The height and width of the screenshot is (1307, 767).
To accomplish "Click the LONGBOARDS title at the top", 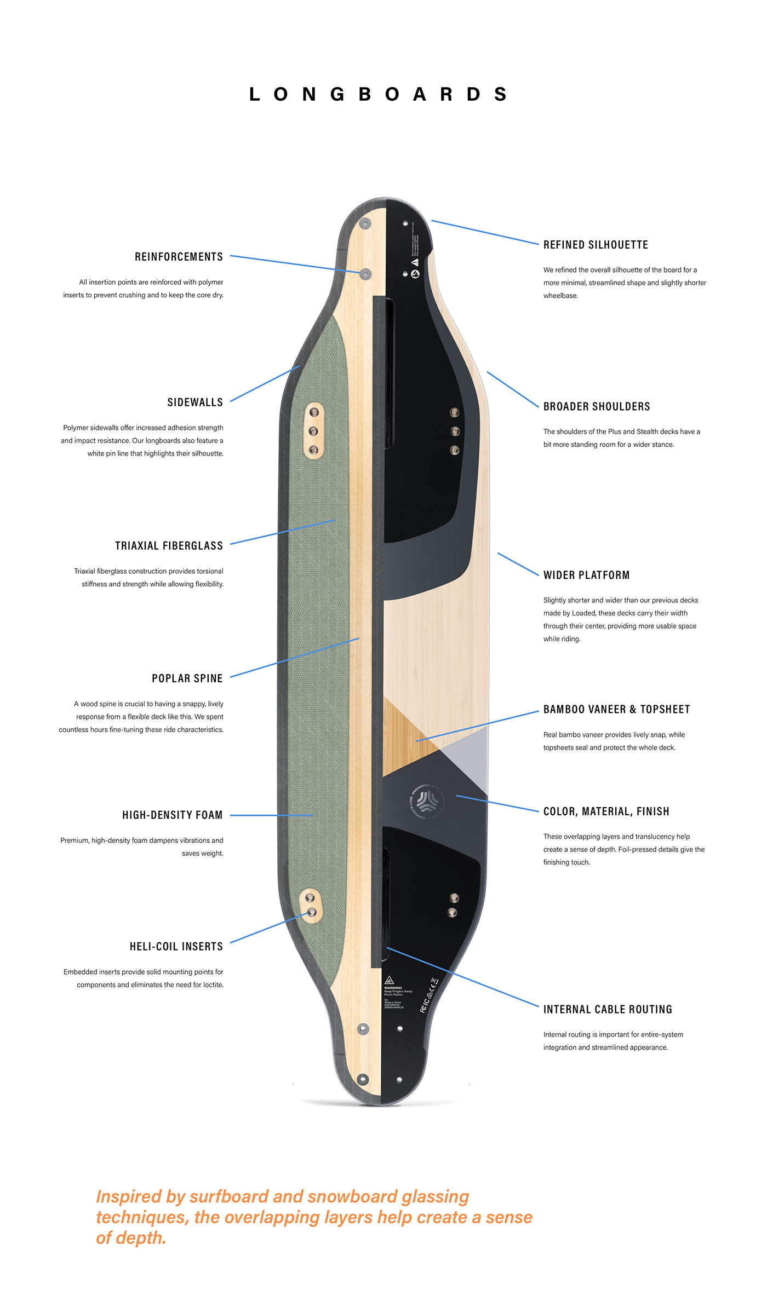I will click(378, 94).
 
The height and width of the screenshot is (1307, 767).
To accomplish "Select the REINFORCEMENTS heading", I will click(179, 257).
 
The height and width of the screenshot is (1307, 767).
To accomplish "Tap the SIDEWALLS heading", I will click(195, 402).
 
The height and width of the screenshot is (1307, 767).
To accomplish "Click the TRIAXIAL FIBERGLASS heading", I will click(169, 546).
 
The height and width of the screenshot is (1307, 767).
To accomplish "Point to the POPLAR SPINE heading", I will click(187, 678).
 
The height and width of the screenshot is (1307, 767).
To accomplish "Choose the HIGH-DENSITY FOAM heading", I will click(172, 815).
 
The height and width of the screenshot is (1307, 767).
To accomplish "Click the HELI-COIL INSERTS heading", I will click(176, 947).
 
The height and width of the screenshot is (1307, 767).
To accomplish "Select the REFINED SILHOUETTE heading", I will click(596, 245).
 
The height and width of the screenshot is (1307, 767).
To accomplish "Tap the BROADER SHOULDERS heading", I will click(597, 406).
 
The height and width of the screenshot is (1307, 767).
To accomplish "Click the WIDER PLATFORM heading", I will click(586, 575).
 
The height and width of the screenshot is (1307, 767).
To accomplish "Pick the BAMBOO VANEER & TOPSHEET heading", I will click(616, 710).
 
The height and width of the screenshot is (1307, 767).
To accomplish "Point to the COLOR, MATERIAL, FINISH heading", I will click(606, 811).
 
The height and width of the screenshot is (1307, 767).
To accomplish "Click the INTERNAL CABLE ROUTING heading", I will click(608, 1010).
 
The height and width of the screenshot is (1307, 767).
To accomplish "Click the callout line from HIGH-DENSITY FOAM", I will click(271, 815).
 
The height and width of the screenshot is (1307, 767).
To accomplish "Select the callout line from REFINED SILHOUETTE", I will click(485, 232).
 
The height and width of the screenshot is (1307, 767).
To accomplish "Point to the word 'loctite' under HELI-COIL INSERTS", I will click(211, 985).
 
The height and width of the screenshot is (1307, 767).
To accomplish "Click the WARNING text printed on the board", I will click(393, 988).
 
